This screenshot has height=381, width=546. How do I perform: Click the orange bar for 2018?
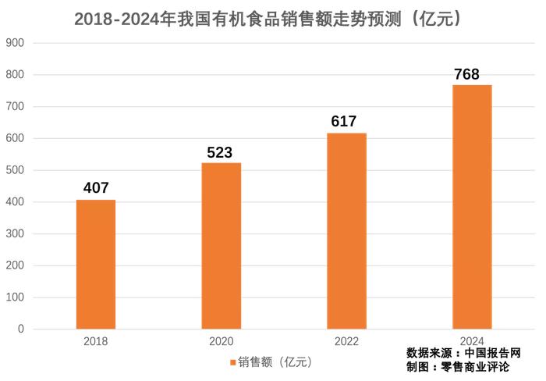pos(96,264)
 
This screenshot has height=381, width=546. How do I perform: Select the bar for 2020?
pos(222,245)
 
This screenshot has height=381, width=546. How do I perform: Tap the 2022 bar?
pos(346,230)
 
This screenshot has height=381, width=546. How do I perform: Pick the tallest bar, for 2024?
pos(472,206)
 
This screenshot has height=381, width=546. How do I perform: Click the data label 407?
pos(96,188)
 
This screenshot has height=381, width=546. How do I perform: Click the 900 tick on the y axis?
pos(15,43)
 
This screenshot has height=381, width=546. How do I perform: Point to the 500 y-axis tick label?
pos(15,170)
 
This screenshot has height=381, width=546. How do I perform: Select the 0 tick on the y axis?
pos(20,329)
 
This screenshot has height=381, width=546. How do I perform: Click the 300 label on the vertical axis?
pos(15,234)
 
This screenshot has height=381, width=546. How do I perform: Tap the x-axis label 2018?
pos(96,342)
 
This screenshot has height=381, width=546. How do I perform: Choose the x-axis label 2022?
pos(346,342)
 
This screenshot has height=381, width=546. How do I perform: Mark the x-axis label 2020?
pos(222,342)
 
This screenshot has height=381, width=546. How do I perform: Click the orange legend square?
pos(232,362)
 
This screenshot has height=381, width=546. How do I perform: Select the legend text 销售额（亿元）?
pos(275,362)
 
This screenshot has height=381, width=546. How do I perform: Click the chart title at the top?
pos(273,19)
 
